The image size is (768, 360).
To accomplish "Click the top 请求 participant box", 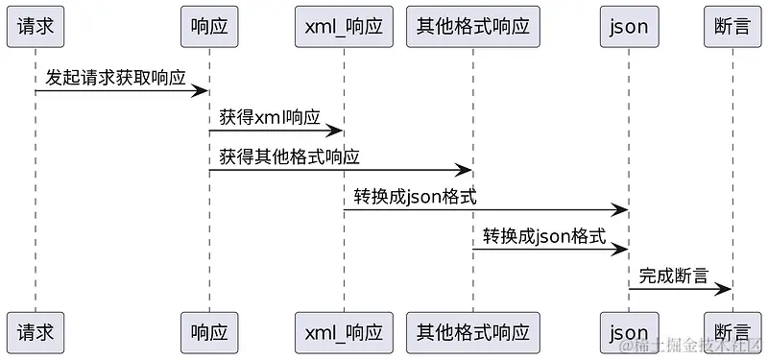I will point(36,27).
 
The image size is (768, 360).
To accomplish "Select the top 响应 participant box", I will point(209,27).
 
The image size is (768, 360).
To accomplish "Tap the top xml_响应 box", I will point(344,27).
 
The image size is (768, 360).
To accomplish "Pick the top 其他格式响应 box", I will point(472,27).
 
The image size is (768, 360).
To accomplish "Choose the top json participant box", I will point(629,27).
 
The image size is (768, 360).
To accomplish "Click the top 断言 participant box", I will point(732,27).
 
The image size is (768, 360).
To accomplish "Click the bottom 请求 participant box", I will point(36,333).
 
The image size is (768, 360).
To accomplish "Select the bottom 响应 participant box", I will point(209,333).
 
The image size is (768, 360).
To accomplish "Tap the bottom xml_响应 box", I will point(344,333).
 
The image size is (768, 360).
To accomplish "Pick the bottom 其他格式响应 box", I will point(472,333).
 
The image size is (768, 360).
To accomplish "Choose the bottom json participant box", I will point(629,333).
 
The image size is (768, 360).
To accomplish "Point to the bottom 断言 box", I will point(732,333).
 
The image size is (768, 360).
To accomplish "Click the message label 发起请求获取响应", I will point(115,78).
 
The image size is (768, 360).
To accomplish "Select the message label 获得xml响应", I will point(270,117).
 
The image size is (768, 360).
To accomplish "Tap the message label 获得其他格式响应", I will point(289,156).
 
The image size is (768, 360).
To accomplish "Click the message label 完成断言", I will point(674,276).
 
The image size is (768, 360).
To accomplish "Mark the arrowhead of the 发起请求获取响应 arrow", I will point(202,91).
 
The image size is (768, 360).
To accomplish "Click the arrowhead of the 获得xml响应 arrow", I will point(336,131).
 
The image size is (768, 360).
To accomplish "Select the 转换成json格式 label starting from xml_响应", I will point(415,197).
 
